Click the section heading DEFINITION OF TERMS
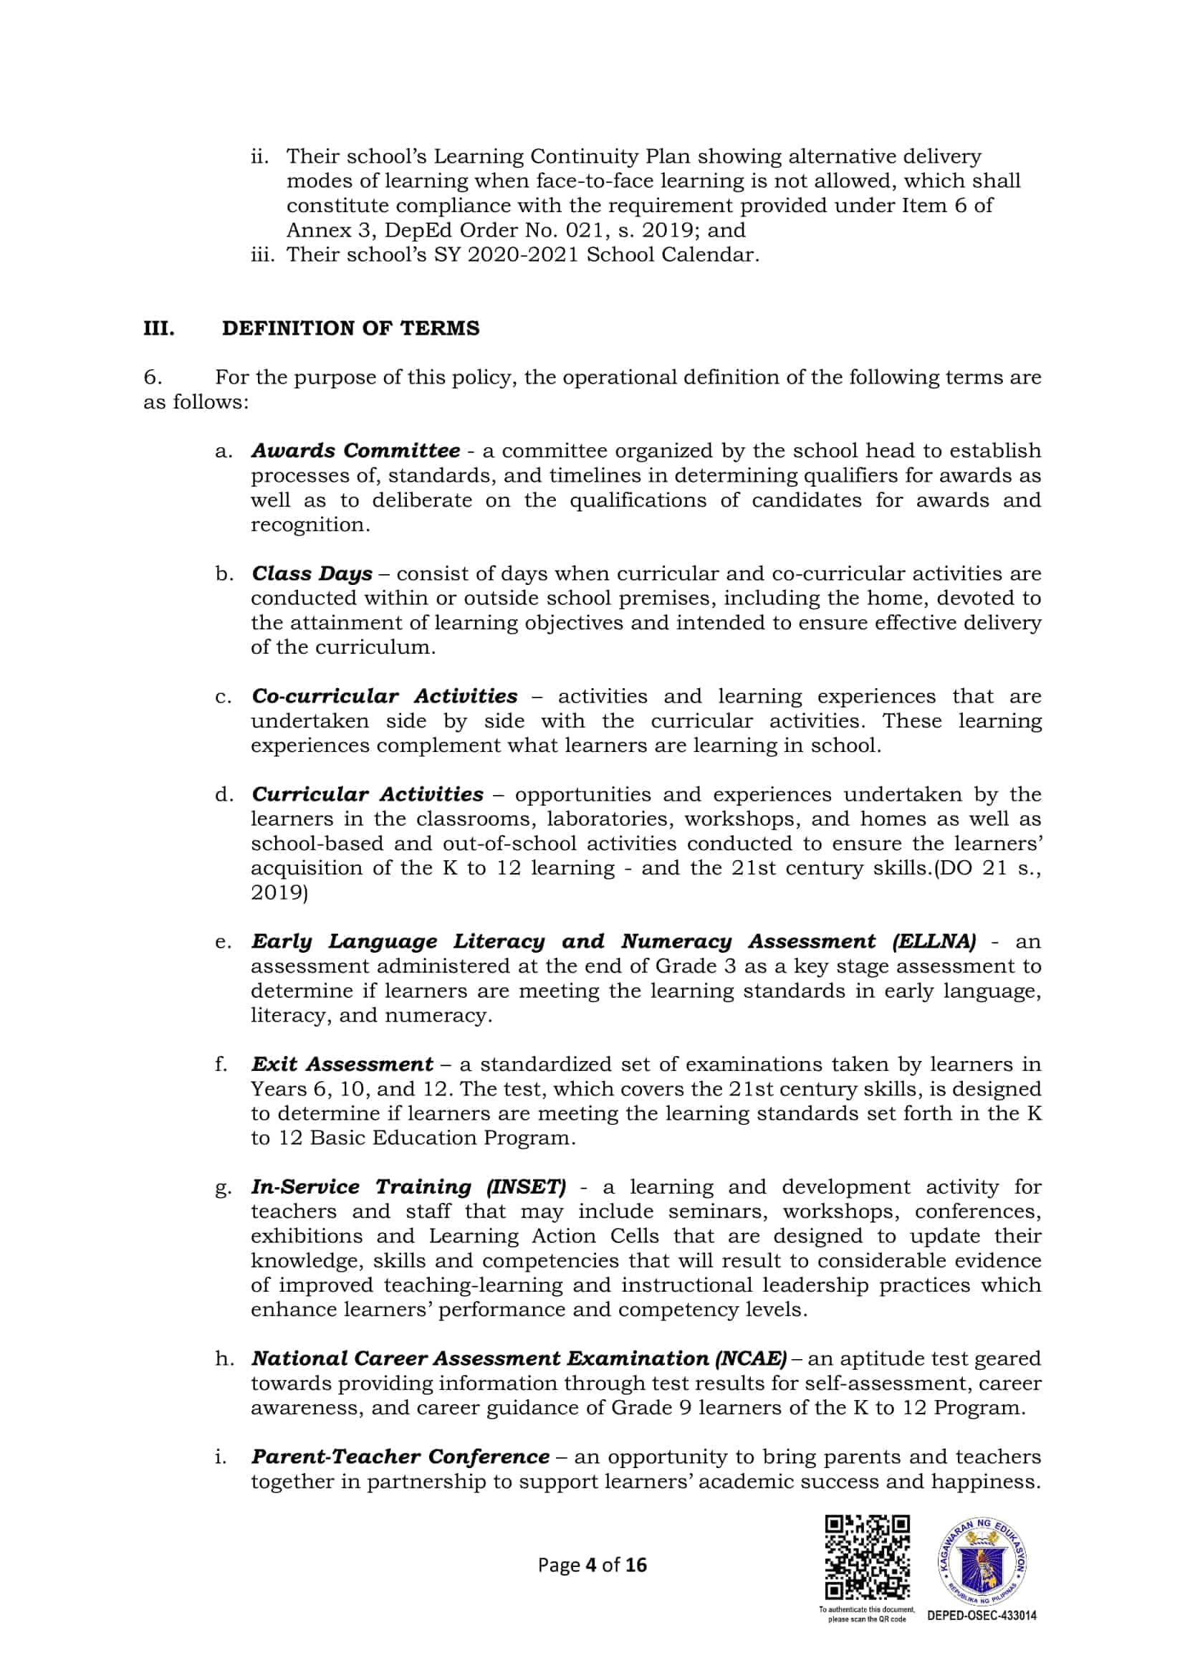point(351,328)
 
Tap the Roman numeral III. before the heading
point(159,328)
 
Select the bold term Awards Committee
point(355,450)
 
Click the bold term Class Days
point(312,573)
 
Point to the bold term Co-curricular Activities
point(385,695)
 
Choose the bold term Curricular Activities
point(367,794)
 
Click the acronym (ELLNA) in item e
point(934,941)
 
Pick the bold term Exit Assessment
point(342,1064)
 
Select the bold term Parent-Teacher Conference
point(400,1455)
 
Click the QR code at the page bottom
point(867,1557)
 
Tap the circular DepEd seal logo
point(982,1560)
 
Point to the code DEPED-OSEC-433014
point(982,1615)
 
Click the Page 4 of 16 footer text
point(592,1564)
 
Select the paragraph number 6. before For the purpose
point(153,377)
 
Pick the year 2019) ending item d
point(279,892)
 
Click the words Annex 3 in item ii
point(318,230)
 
